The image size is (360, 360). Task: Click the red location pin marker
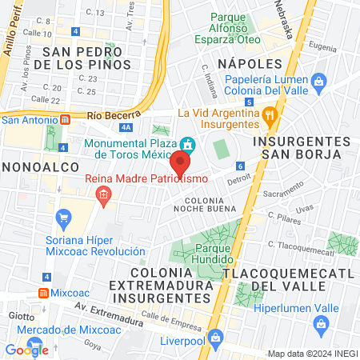coord(180,163)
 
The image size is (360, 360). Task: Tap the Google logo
coord(26,349)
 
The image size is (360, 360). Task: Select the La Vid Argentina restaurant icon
coord(270,114)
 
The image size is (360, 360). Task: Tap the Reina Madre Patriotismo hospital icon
coord(102,194)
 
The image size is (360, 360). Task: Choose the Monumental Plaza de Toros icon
coord(188,145)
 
